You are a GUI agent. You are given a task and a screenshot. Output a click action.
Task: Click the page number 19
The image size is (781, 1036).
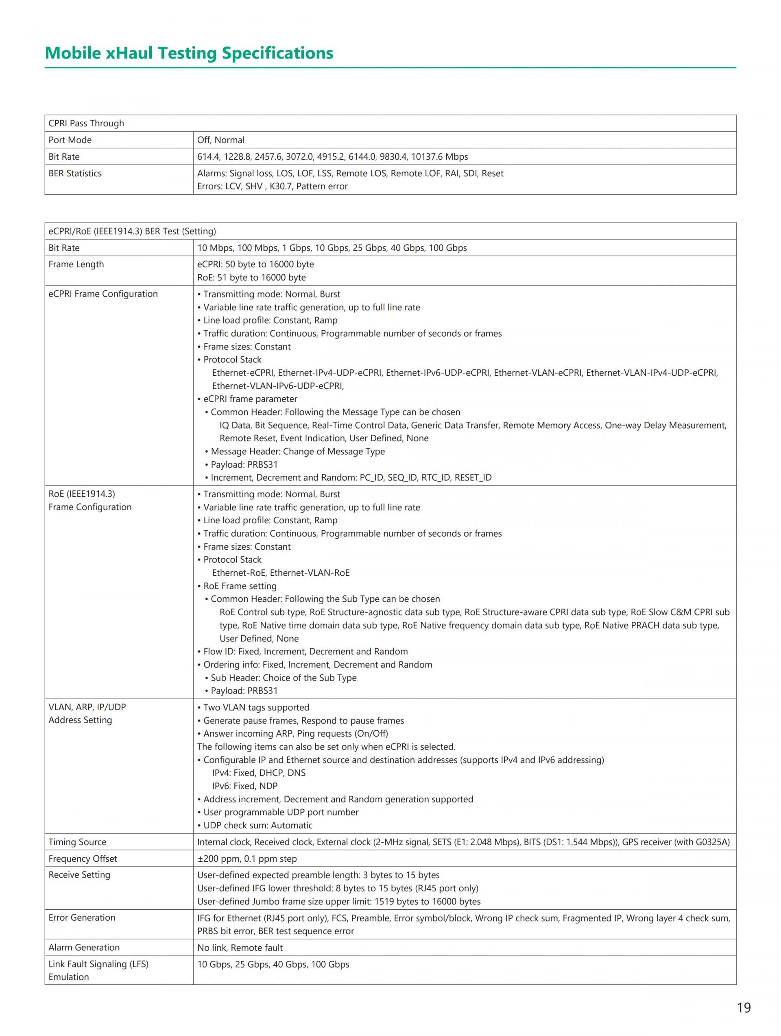pos(744,1008)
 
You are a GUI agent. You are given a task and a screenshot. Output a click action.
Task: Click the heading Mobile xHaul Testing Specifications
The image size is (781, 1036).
pos(189,53)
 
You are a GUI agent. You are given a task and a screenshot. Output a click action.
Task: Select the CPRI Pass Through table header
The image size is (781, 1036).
pos(86,123)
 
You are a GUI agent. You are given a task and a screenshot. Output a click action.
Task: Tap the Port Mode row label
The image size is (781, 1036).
pos(70,140)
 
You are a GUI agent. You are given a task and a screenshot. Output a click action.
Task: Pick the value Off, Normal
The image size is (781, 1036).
pos(221,140)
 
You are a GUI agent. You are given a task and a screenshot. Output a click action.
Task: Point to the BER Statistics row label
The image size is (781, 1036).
pos(75,173)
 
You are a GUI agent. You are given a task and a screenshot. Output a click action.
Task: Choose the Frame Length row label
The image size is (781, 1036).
pos(76,264)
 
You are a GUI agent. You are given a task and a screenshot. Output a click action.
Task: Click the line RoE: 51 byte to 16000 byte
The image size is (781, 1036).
pos(251,277)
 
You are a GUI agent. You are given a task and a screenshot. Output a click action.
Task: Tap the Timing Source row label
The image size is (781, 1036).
pos(77,842)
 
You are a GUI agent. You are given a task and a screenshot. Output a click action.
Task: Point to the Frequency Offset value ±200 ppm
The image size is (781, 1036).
pos(218,858)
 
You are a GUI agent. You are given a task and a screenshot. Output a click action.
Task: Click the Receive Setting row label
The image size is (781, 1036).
pos(79,875)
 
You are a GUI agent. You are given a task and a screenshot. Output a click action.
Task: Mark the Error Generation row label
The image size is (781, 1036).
pos(82,917)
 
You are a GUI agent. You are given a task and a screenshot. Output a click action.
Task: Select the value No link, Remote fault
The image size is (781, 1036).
pos(240,947)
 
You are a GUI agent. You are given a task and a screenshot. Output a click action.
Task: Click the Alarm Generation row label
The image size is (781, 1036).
pos(84,947)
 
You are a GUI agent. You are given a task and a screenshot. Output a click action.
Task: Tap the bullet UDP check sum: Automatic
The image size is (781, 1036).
pos(255,825)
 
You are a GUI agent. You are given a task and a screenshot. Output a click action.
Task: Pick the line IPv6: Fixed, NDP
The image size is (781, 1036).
pos(245,786)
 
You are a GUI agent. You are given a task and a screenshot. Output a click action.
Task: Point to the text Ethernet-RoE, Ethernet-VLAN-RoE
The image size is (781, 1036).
pos(281,573)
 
